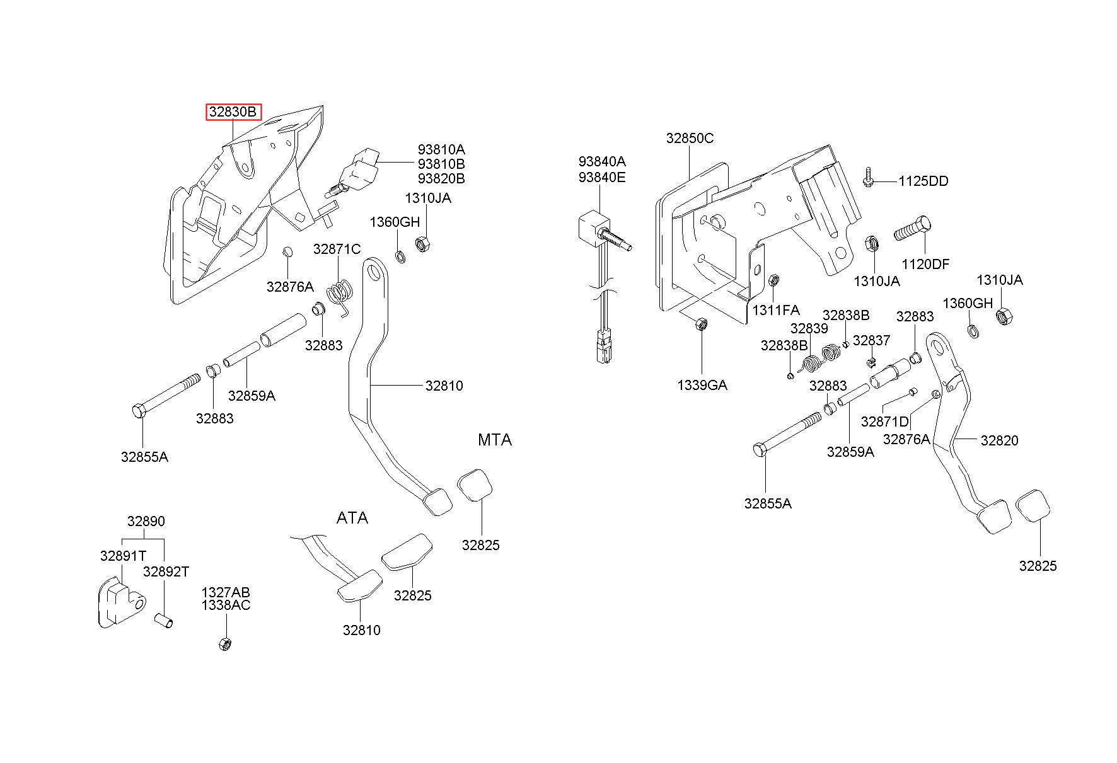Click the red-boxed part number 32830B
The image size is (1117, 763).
[233, 112]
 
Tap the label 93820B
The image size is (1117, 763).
[441, 179]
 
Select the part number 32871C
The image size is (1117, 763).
[337, 250]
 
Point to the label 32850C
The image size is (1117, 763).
[690, 139]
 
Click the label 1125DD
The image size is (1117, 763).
[923, 181]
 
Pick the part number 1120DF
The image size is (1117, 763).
[925, 265]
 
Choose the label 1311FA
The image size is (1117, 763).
[776, 310]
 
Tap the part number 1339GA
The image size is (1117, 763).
[702, 385]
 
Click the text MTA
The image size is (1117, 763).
[495, 440]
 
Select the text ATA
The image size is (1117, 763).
[352, 518]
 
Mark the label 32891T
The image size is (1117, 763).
[124, 556]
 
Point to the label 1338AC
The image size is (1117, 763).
[226, 605]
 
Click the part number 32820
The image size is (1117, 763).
[999, 440]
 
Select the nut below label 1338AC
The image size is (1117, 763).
[224, 644]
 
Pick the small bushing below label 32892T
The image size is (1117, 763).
[164, 621]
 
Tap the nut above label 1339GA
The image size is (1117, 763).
[700, 324]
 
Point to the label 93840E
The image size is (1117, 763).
[603, 177]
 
